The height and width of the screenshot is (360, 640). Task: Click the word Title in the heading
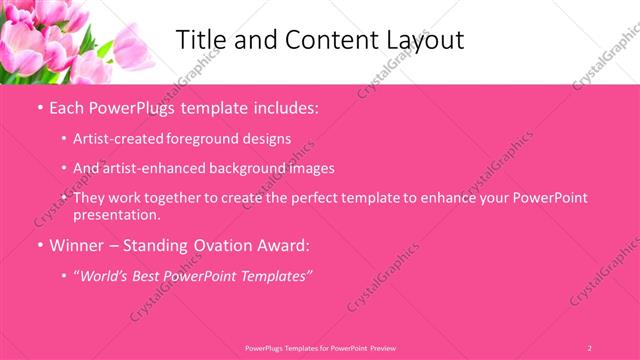[x=199, y=40]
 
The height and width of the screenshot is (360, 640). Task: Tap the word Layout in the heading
[x=424, y=40]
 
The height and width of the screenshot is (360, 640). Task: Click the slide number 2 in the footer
[x=590, y=348]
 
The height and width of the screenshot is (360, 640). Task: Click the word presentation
[x=116, y=215]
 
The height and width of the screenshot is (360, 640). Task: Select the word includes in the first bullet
[x=286, y=106]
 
